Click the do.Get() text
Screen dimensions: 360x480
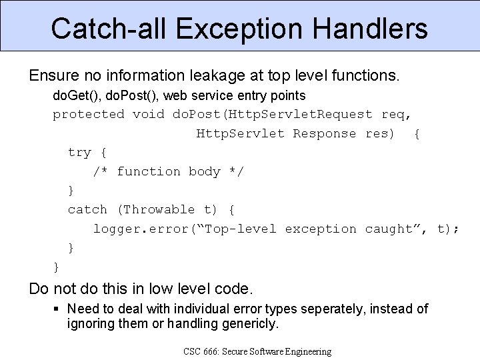(x=76, y=95)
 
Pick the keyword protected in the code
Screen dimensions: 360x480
(x=89, y=114)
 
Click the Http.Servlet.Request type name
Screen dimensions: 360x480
(x=273, y=114)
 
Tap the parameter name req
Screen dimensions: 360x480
(x=396, y=114)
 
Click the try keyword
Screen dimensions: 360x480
(x=79, y=153)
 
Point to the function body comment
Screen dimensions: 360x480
(x=169, y=171)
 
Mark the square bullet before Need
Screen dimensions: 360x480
(x=57, y=309)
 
